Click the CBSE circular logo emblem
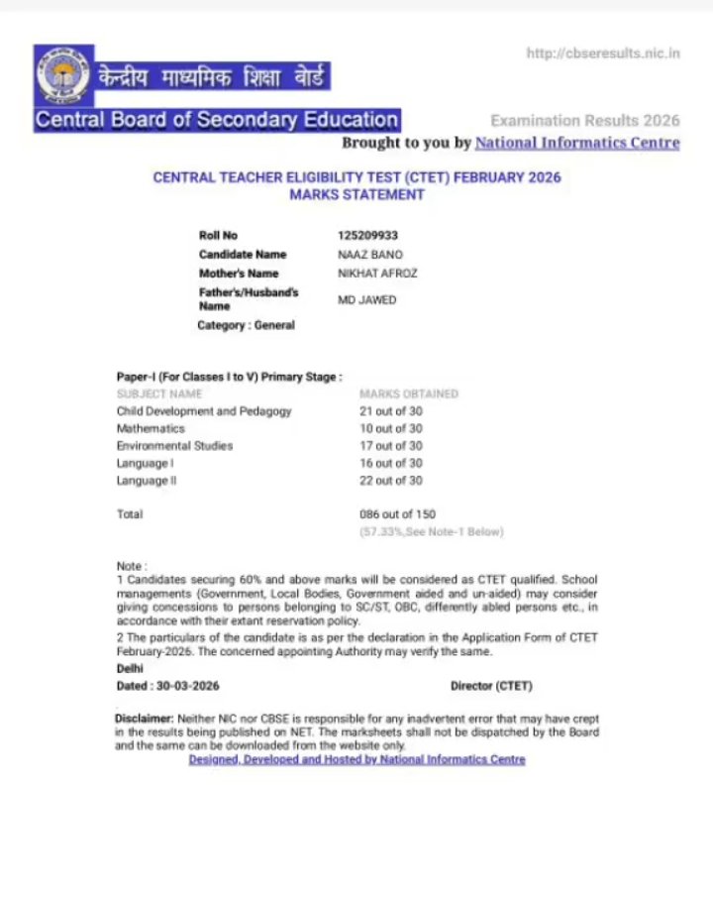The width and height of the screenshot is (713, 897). point(63,75)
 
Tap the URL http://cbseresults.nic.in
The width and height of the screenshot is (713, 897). point(603,53)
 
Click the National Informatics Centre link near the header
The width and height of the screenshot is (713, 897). point(577,143)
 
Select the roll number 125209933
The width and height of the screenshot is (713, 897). point(368,236)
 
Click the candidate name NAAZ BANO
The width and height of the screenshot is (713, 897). point(370,255)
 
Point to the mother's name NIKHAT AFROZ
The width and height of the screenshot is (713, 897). point(377,274)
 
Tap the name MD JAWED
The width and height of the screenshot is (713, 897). point(366,299)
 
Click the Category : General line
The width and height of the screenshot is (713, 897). point(246,325)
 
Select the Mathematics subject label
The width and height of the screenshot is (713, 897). point(151,429)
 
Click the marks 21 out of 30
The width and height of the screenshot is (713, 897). point(390,411)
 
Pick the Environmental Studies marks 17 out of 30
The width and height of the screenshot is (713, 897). point(390,446)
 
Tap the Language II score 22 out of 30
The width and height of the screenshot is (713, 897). point(390,481)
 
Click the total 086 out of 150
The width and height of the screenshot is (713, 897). point(396,514)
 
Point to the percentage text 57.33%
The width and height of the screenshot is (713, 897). point(381,532)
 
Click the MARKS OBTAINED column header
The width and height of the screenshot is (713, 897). point(408,393)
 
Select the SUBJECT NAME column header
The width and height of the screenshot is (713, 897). point(159,393)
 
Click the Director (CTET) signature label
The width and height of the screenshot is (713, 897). point(491,686)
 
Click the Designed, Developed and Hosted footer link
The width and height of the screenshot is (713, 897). point(356,759)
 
